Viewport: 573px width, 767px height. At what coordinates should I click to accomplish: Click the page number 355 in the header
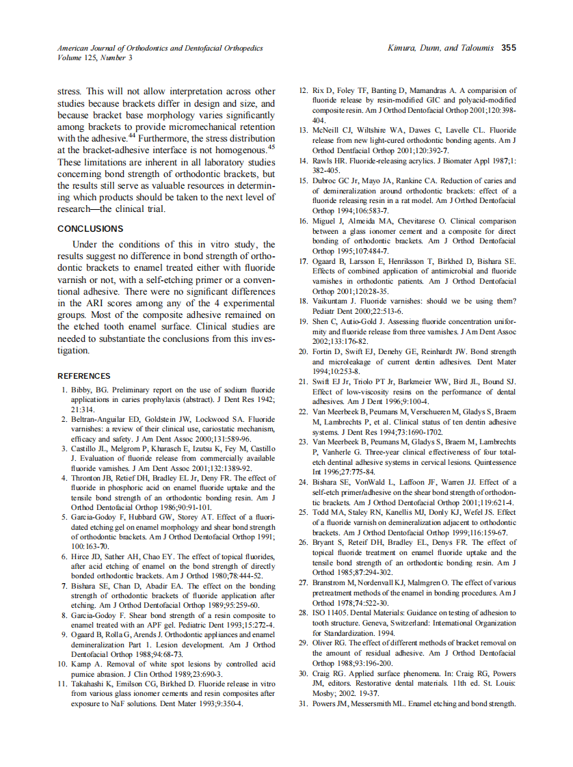pos(508,49)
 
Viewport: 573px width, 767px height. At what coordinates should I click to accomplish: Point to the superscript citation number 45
pos(271,146)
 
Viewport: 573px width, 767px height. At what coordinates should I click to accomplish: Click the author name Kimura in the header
pos(402,49)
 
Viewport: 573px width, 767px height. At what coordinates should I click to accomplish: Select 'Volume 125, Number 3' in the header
pos(95,58)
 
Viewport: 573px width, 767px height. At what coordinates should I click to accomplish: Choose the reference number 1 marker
pos(65,390)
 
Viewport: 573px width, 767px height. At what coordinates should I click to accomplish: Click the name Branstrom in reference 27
pos(332,582)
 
